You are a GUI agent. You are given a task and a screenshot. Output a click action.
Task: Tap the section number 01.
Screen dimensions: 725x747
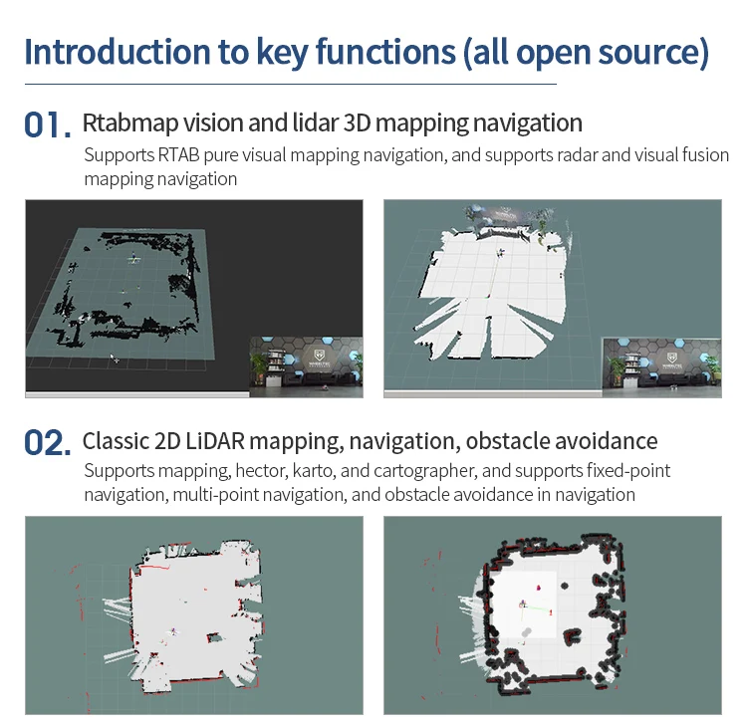tap(47, 124)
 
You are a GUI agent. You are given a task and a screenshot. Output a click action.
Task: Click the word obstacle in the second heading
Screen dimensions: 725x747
tap(514, 440)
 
